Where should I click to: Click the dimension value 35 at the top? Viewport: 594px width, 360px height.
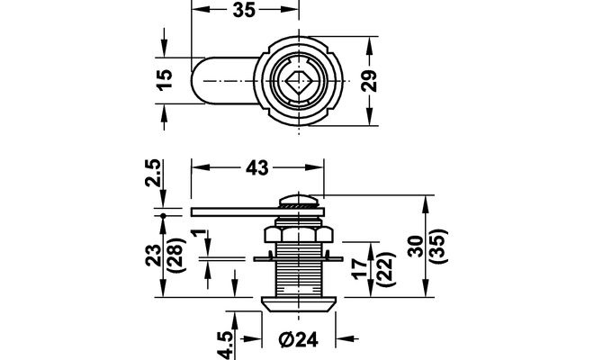[x=244, y=10]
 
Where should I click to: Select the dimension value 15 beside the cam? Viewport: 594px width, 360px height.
[x=165, y=79]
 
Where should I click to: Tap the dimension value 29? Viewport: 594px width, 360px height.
[x=369, y=81]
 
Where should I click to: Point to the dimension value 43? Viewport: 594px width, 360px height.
[x=257, y=168]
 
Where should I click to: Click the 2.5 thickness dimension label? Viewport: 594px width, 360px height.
[x=154, y=173]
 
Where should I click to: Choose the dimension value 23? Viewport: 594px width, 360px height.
[x=154, y=256]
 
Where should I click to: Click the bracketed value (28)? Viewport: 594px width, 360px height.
[x=175, y=256]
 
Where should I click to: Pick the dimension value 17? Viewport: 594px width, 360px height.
[x=360, y=268]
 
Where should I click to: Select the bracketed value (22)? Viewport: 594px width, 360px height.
[x=386, y=269]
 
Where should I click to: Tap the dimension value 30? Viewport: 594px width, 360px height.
[x=416, y=247]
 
